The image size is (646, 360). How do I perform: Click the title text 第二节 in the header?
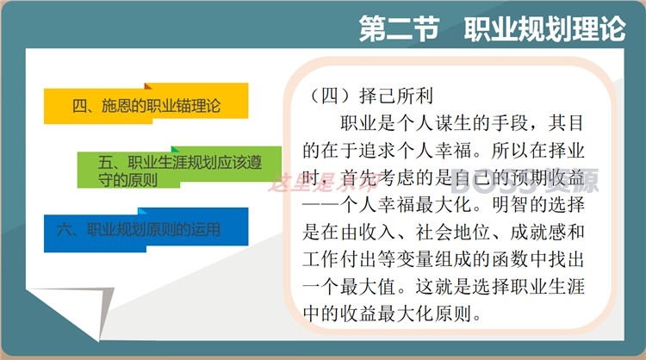pyautogui.click(x=399, y=28)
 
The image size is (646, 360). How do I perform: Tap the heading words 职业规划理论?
pyautogui.click(x=545, y=28)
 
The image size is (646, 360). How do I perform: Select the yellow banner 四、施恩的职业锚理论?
pyautogui.click(x=146, y=103)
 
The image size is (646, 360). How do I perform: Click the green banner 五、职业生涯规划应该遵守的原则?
pyautogui.click(x=180, y=167)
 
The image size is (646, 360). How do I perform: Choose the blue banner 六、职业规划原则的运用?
pyautogui.click(x=146, y=230)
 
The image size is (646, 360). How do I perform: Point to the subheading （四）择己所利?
pyautogui.click(x=369, y=96)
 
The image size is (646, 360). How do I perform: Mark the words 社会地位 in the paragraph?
pyautogui.click(x=452, y=232)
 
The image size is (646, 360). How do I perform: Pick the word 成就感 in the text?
pyautogui.click(x=538, y=232)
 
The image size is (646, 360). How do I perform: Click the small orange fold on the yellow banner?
pyautogui.click(x=148, y=85)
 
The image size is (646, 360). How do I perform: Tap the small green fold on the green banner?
pyautogui.click(x=175, y=149)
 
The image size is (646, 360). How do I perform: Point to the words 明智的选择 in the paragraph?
pyautogui.click(x=538, y=205)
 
